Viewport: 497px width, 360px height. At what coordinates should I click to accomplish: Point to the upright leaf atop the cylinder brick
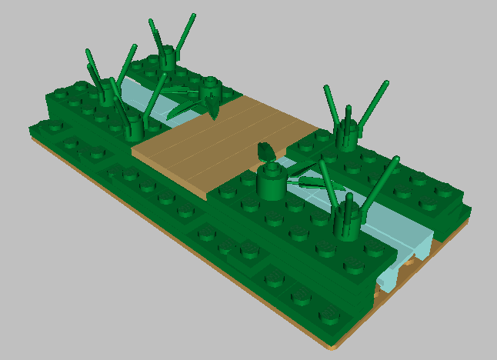click(x=267, y=151)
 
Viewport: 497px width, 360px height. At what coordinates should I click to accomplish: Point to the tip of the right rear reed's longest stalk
click(x=385, y=82)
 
